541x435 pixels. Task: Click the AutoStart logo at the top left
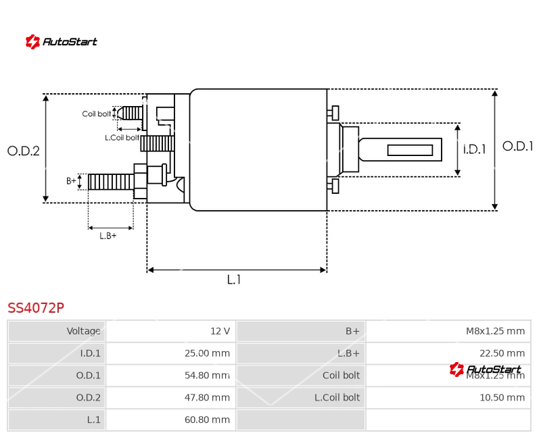point(61,42)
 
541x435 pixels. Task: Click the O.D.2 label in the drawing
point(24,151)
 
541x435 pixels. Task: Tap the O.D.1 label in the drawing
point(518,146)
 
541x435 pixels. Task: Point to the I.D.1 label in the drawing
point(474,150)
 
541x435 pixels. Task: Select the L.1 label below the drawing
point(234,280)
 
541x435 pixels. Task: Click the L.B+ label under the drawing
point(108,236)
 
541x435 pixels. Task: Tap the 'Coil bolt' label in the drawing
point(97,114)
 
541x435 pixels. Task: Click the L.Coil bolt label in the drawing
point(122,137)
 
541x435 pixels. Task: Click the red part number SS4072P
point(36,308)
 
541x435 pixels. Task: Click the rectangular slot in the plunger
point(410,150)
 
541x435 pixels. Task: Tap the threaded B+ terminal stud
point(111,182)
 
